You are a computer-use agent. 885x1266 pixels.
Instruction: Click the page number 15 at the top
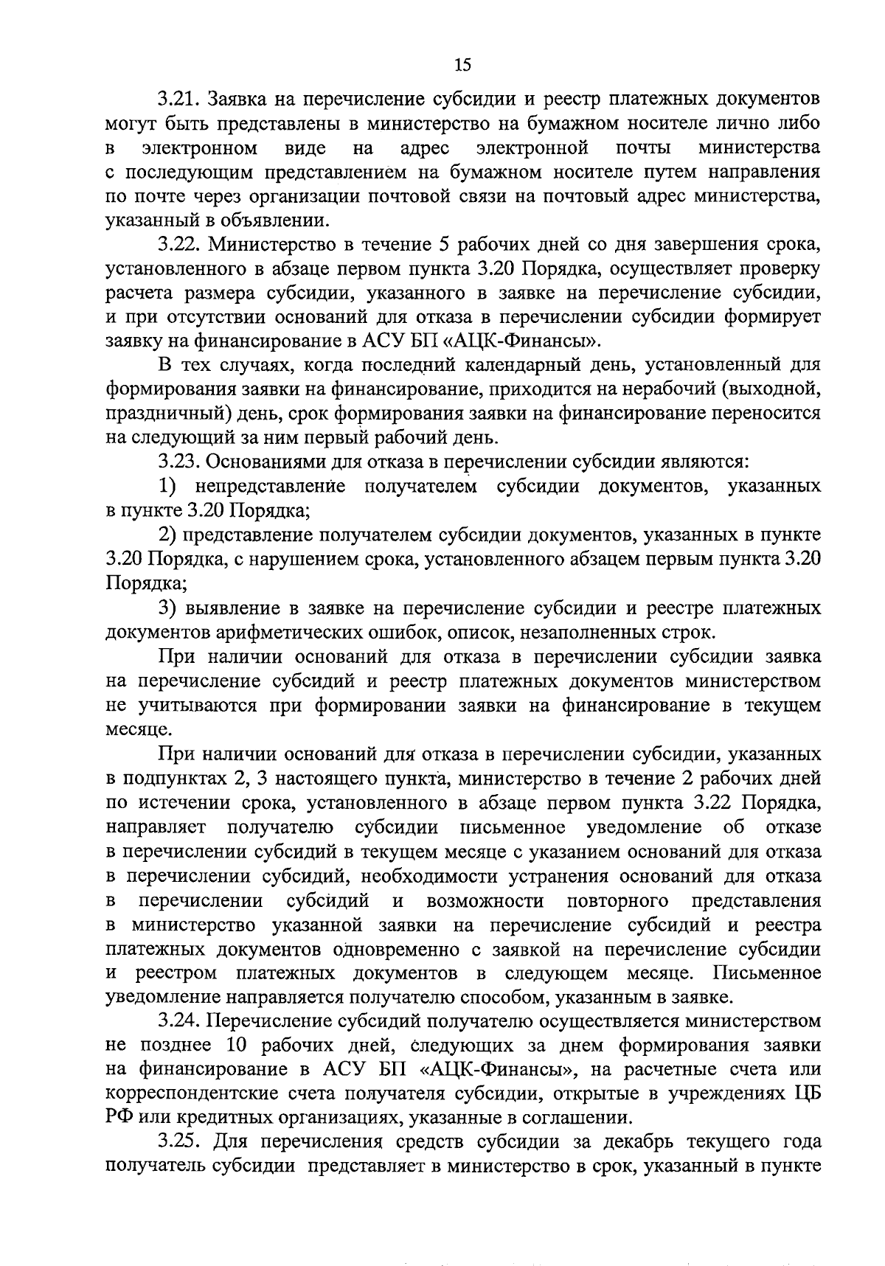[x=462, y=65]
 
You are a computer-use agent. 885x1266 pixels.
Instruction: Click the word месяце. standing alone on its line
[x=139, y=730]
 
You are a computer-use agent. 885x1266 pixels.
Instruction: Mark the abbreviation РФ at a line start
[x=118, y=1119]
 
